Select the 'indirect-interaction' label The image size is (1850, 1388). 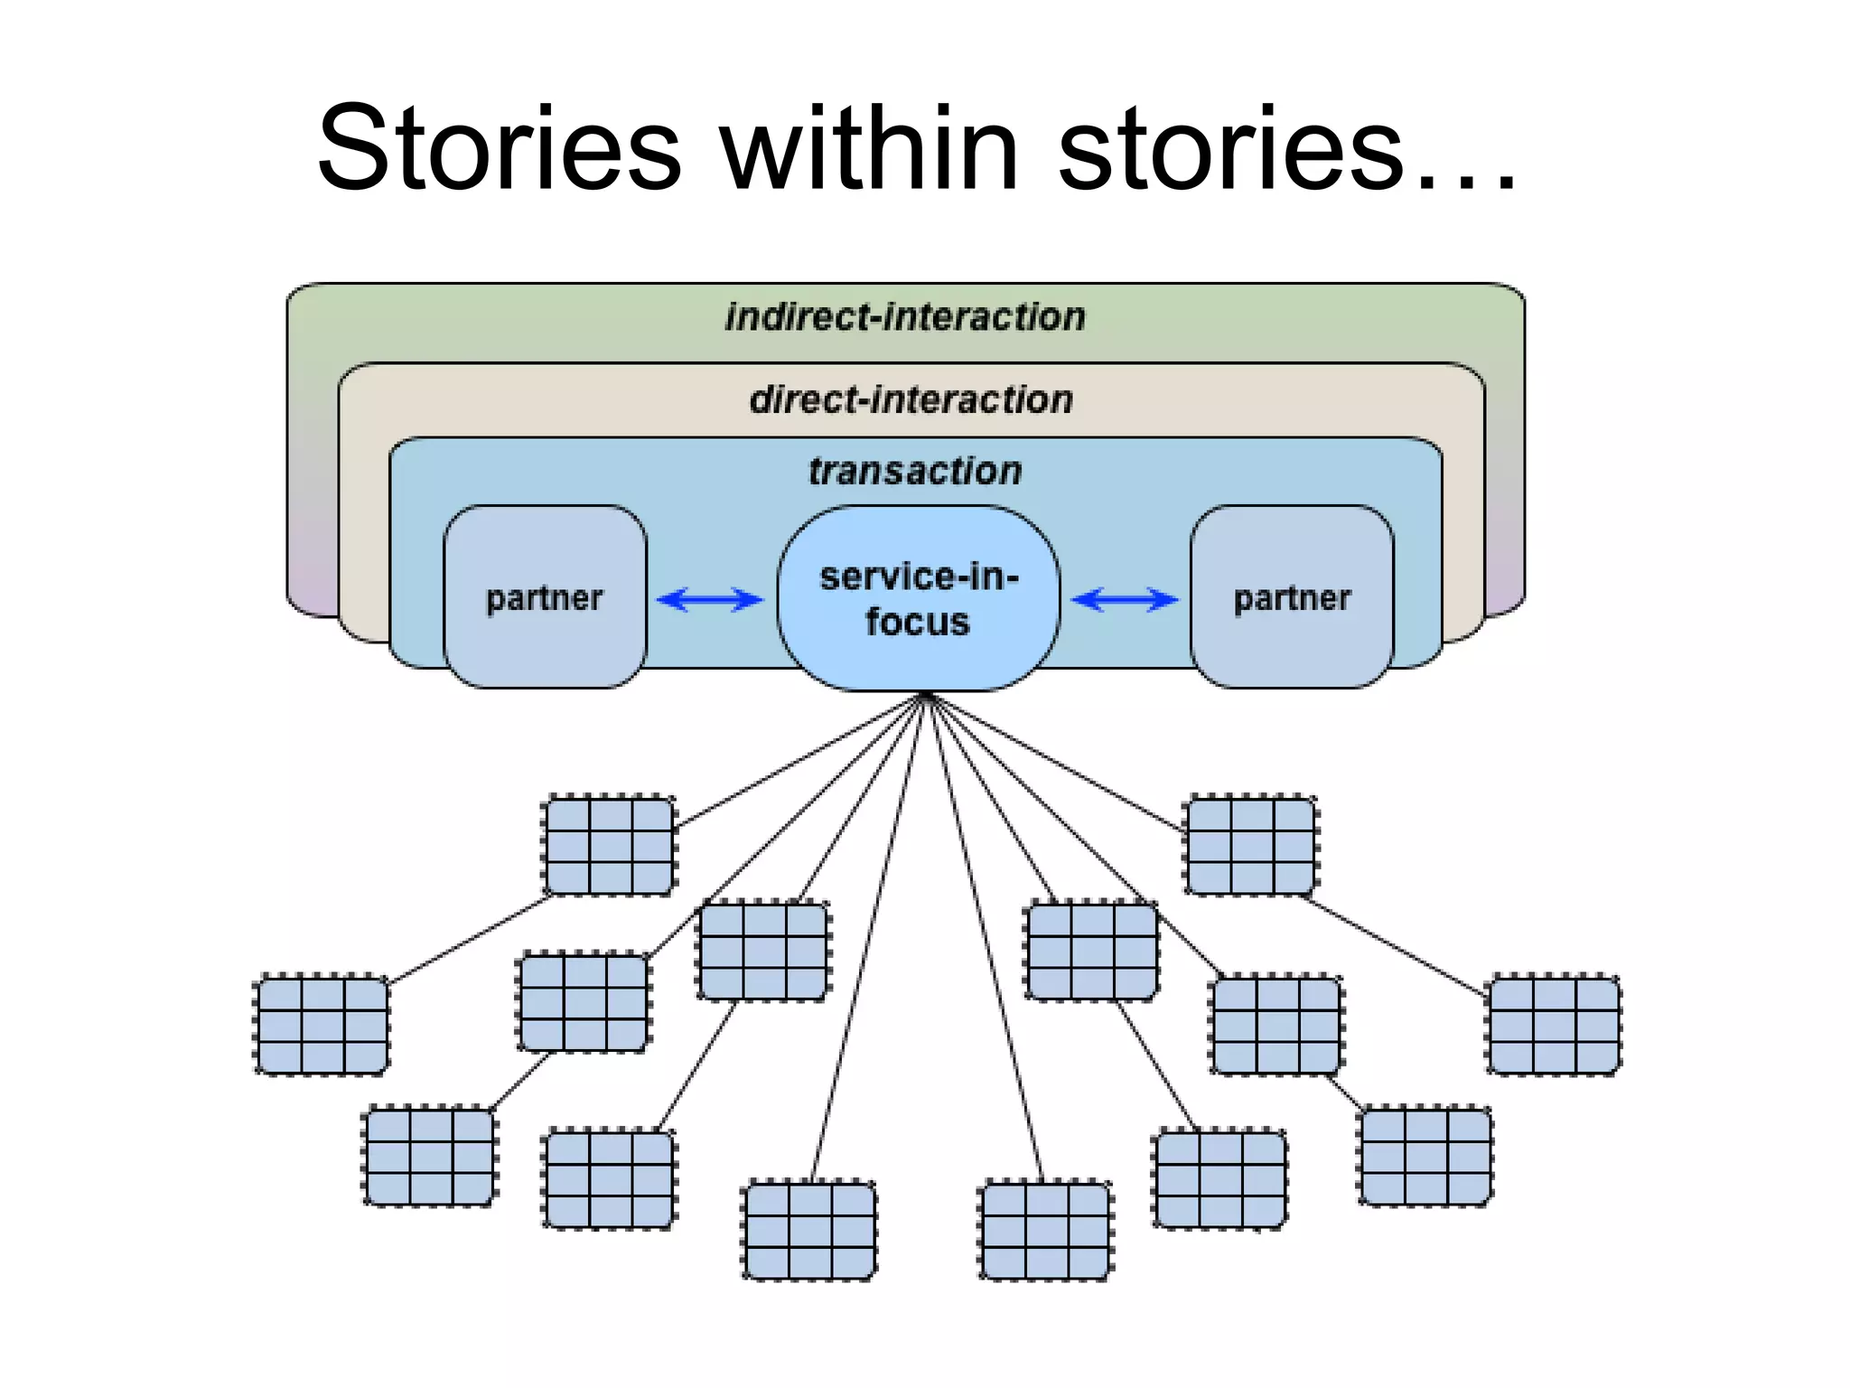click(905, 317)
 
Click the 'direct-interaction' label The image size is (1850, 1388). click(911, 399)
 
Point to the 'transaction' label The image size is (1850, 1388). click(914, 471)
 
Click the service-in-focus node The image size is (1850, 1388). click(918, 598)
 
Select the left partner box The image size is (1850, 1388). click(545, 597)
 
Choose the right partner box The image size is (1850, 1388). click(1292, 597)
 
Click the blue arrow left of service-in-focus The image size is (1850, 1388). click(710, 599)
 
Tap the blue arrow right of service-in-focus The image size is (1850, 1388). click(1125, 599)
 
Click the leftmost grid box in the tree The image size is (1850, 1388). click(322, 1025)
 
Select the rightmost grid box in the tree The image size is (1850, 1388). click(1554, 1025)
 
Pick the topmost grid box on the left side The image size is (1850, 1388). click(610, 846)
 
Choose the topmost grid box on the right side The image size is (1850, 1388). click(1251, 846)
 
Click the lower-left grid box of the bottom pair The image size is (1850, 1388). click(809, 1230)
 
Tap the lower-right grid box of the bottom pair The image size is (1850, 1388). click(1046, 1230)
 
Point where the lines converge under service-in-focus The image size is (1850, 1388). click(926, 696)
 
